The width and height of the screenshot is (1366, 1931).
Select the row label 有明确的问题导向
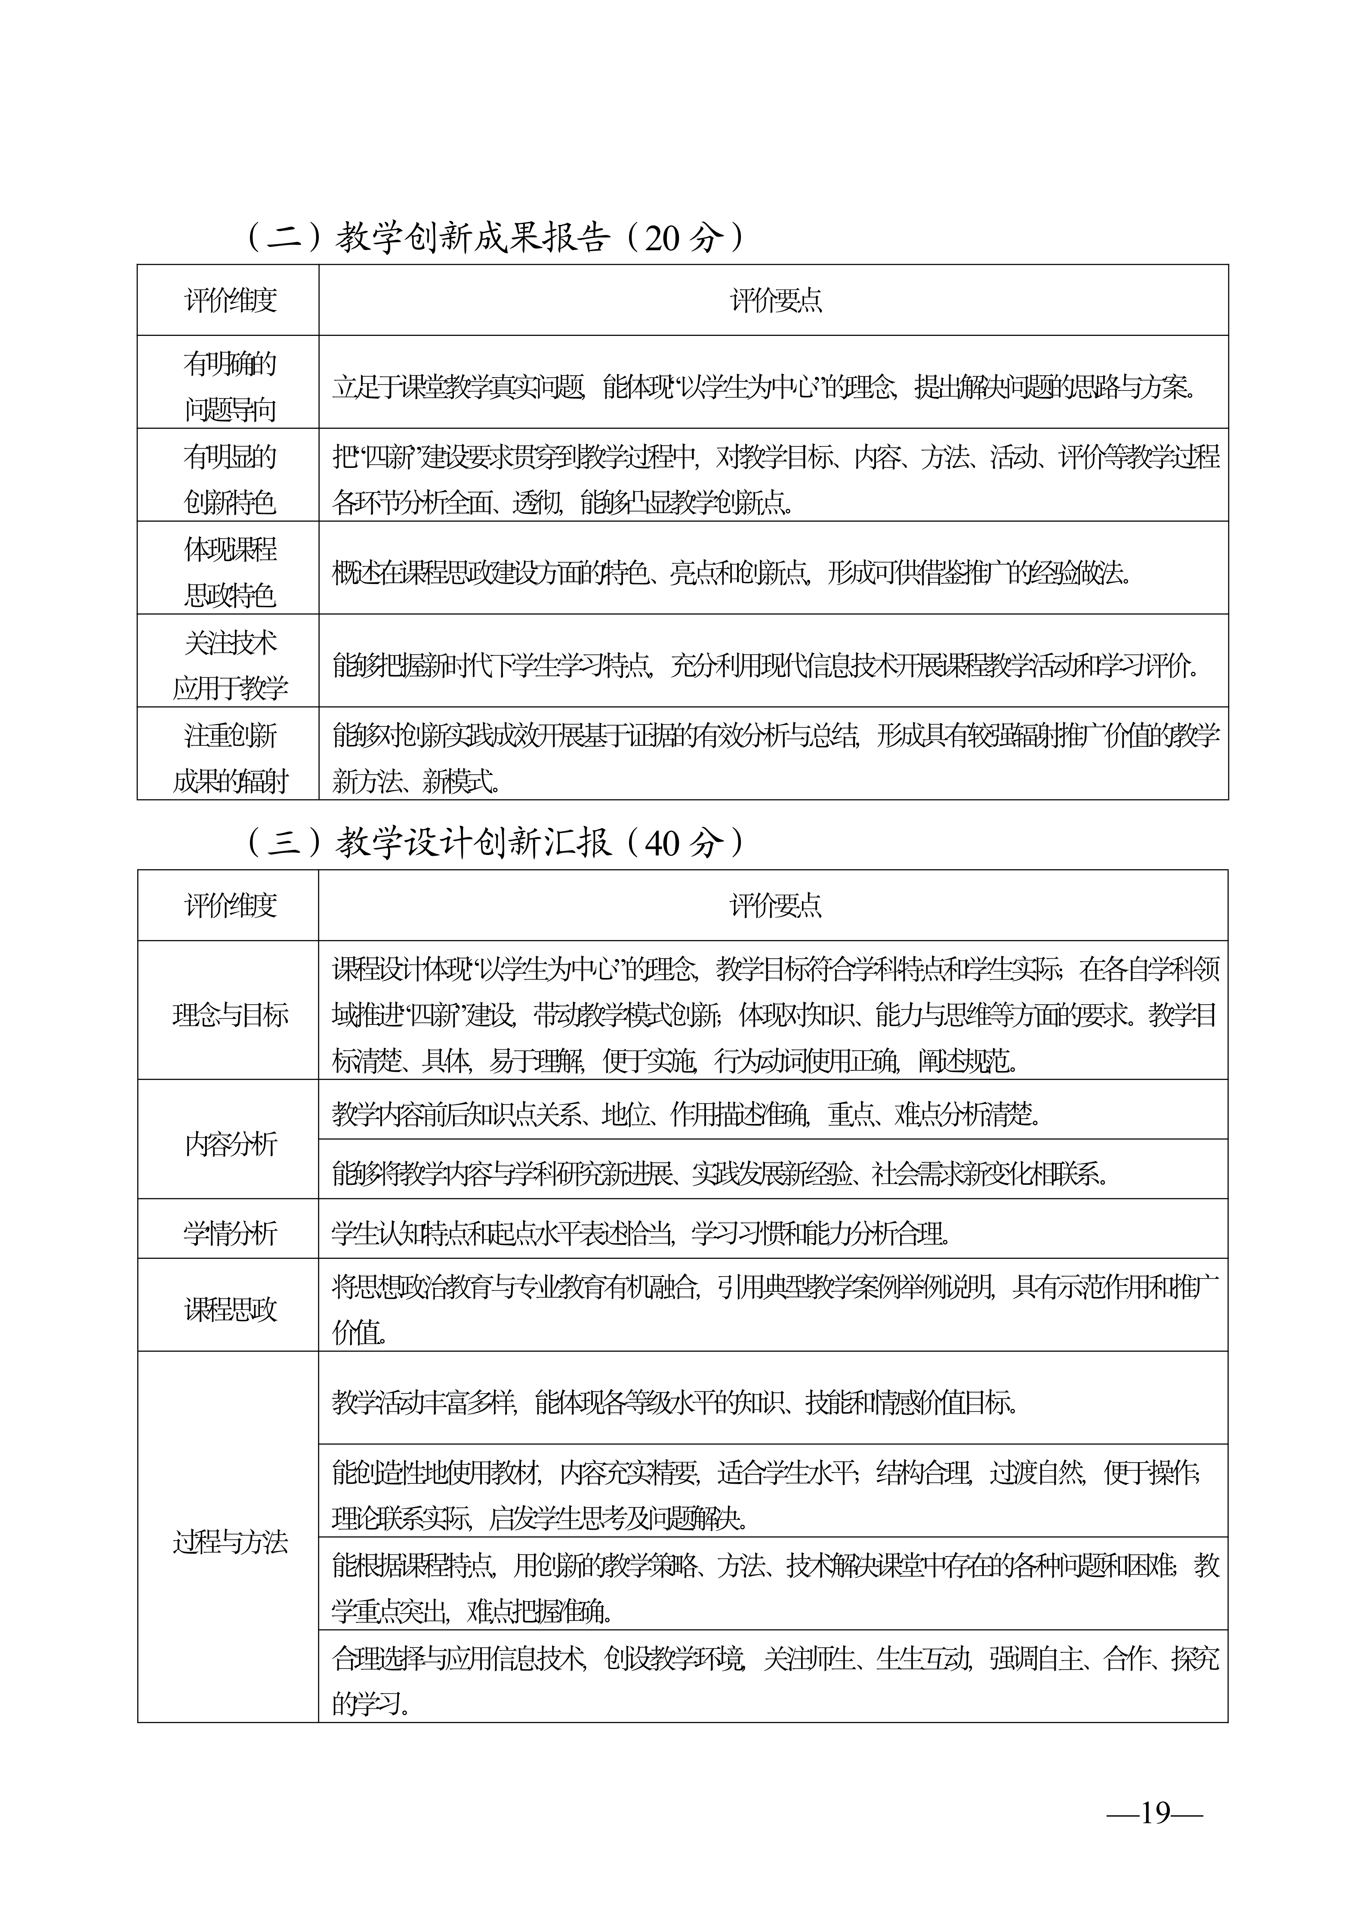pos(230,387)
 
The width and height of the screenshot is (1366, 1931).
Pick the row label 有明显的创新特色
pos(230,480)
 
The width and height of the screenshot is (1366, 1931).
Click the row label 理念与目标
pos(230,1015)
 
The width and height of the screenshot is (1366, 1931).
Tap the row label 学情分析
pos(230,1234)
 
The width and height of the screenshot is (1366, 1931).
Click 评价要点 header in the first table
pos(775,300)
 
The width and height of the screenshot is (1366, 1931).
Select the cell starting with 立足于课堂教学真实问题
pos(764,387)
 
